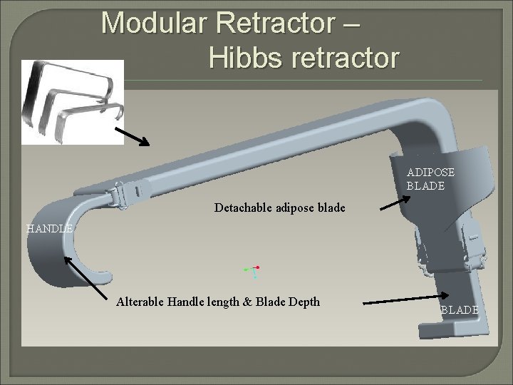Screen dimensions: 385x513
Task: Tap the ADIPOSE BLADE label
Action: point(430,179)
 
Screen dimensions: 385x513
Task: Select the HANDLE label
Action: point(49,229)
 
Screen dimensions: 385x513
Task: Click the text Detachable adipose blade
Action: point(279,208)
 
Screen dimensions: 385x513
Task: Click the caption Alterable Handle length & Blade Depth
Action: point(217,302)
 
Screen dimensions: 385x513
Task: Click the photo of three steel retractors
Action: point(72,102)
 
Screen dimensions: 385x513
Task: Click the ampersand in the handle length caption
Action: point(247,302)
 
